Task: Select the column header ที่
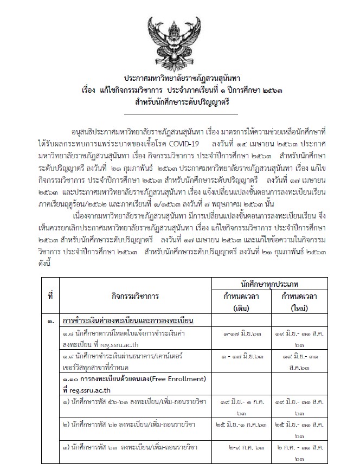[x=50, y=297]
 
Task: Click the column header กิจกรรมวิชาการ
[x=133, y=297]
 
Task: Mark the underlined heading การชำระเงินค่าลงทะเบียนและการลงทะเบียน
[x=128, y=322]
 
